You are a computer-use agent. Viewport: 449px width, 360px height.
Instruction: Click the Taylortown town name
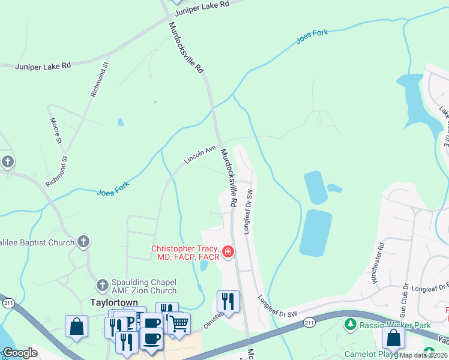click(115, 302)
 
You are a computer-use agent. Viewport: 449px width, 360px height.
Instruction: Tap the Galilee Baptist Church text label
click(36, 242)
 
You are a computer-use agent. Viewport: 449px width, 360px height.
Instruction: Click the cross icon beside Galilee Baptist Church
click(83, 242)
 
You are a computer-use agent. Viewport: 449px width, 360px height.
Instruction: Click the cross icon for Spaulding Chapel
click(103, 283)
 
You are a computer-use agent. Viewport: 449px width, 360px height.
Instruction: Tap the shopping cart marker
click(178, 324)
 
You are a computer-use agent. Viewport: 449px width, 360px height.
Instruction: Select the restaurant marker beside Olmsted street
click(228, 301)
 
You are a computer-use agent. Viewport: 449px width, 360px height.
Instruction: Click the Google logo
click(20, 353)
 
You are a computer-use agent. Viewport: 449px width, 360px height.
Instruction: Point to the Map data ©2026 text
click(423, 355)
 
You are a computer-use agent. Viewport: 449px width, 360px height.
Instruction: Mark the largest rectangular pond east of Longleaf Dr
click(316, 232)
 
